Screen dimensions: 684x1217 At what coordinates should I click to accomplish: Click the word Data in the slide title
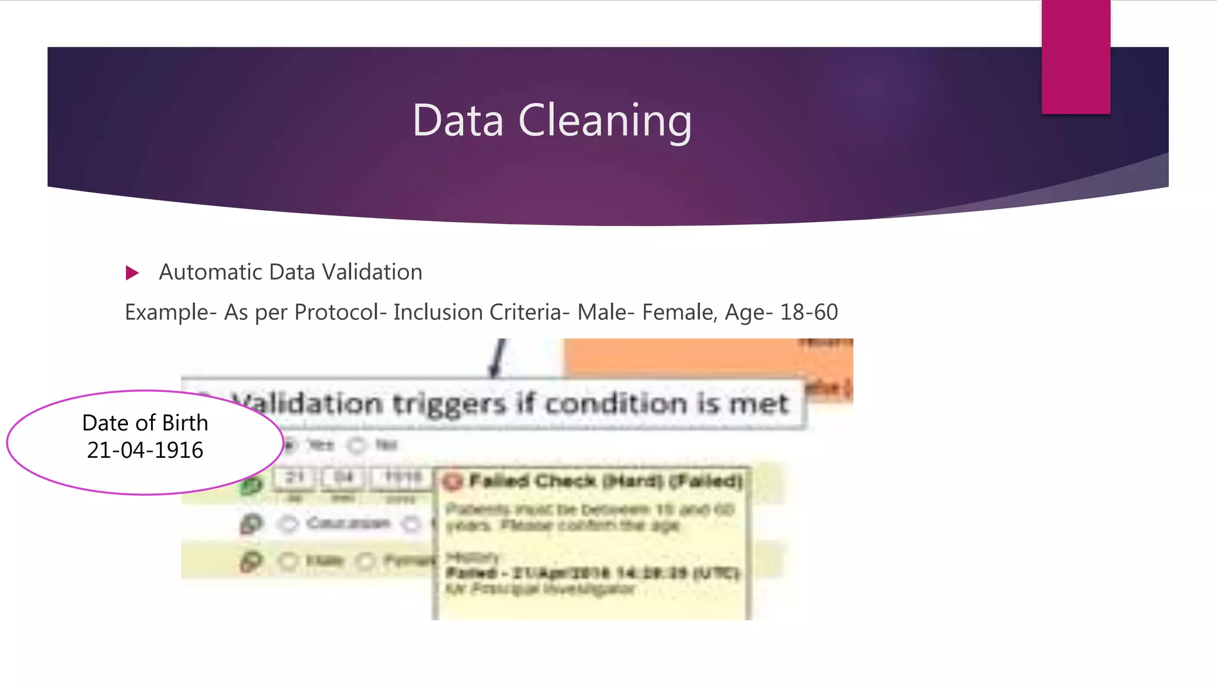point(458,121)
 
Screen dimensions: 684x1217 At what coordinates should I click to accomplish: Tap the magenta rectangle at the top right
point(1076,56)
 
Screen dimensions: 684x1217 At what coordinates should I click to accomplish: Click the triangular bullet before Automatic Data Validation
point(132,273)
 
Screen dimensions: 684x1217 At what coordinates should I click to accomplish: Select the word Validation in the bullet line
point(372,272)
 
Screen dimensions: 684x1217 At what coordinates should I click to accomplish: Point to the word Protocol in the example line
point(336,312)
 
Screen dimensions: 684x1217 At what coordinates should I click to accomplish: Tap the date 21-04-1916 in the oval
point(145,451)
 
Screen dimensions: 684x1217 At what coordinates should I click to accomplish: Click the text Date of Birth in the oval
point(145,423)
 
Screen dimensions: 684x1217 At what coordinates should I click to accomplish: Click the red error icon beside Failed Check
point(453,482)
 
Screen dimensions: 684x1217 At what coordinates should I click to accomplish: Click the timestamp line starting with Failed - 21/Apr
point(592,573)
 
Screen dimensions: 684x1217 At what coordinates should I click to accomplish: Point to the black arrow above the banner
point(498,359)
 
